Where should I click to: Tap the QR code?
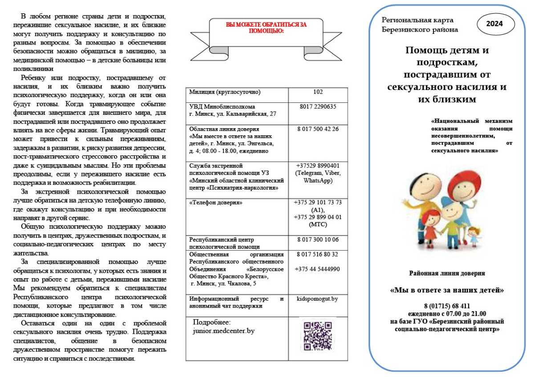coord(318,336)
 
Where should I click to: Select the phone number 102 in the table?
coord(318,92)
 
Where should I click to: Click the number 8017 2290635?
coord(318,106)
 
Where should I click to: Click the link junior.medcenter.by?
coord(224,331)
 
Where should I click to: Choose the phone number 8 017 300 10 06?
coord(318,239)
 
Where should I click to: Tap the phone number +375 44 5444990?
coord(318,269)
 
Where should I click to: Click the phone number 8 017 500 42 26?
coord(318,129)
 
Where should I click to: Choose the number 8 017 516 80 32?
coord(318,254)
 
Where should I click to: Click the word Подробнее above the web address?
coord(212,322)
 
